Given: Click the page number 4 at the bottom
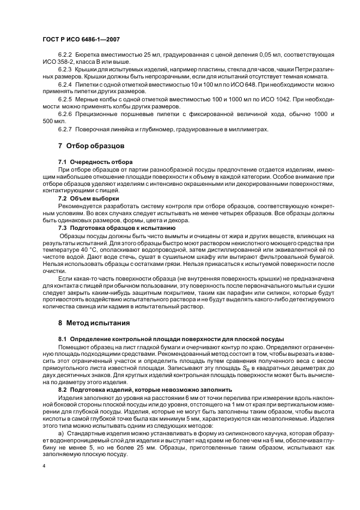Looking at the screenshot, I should (x=44, y=466).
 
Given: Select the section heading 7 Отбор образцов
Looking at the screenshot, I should (x=91, y=146).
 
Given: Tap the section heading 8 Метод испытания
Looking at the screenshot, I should (x=94, y=323).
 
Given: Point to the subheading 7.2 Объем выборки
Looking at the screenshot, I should (x=89, y=198).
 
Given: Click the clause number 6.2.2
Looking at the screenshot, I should (x=65, y=56).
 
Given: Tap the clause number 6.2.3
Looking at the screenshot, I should (x=65, y=70).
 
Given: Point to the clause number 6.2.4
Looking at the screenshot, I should (x=65, y=85).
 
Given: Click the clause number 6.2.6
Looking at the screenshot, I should (x=65, y=114).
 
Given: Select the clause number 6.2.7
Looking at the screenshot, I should (x=65, y=129).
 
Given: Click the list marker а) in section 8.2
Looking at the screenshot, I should (x=60, y=433).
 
